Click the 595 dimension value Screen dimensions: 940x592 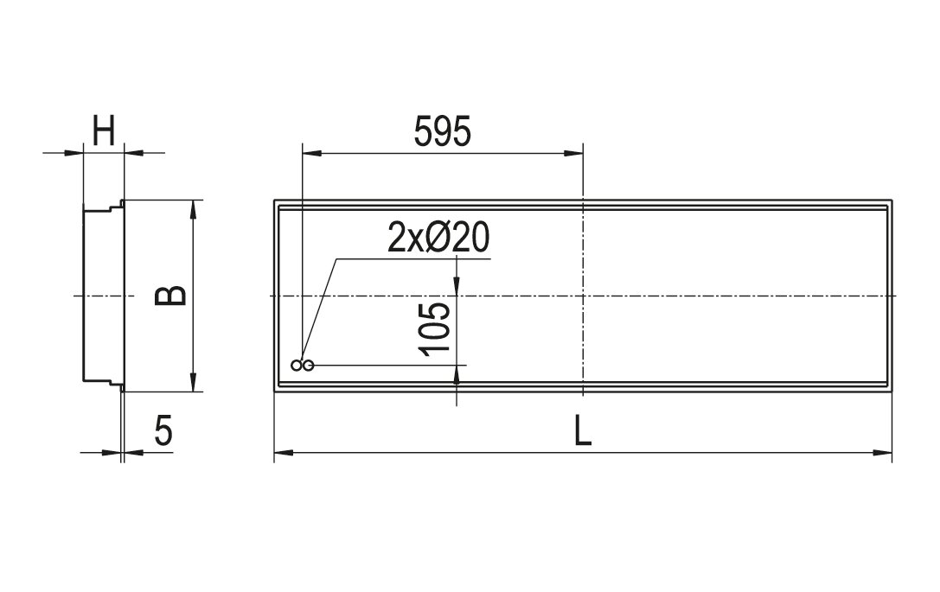click(443, 131)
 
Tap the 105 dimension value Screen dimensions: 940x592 click(436, 329)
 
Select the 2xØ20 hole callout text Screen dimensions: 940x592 click(438, 238)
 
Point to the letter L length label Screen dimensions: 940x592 click(583, 430)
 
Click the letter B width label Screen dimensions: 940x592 click(171, 296)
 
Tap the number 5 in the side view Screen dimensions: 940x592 click(163, 430)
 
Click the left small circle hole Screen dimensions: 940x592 click(296, 365)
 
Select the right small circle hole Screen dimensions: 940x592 click(308, 365)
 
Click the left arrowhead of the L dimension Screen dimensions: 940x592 click(284, 452)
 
